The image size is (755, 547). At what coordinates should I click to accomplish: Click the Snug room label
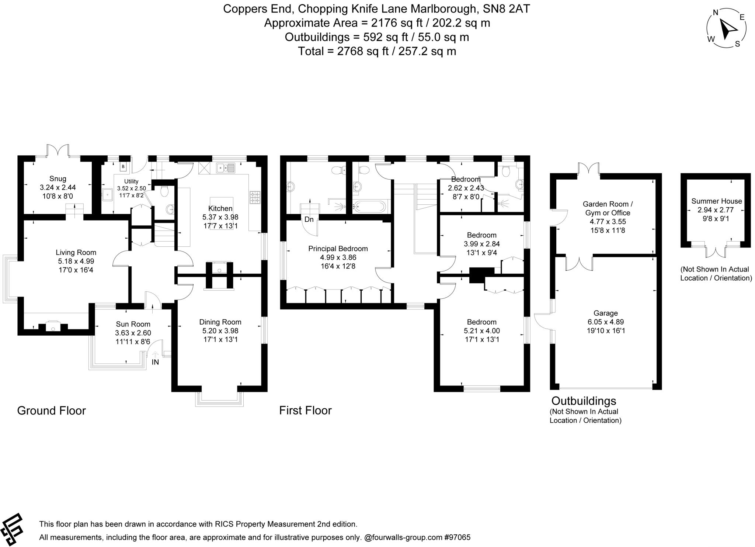tap(58, 179)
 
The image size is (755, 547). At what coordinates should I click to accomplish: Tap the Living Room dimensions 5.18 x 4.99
tap(76, 261)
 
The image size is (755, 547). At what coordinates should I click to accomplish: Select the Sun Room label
tap(133, 324)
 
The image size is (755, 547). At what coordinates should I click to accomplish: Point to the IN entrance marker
tap(155, 362)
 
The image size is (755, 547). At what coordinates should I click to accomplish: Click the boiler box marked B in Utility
tap(123, 167)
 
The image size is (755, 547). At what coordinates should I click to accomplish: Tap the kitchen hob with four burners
tap(255, 197)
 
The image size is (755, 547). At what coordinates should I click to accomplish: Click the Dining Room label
tap(220, 322)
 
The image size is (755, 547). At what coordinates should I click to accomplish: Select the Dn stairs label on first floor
tap(309, 219)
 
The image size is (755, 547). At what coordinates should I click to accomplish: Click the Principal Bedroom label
tap(338, 249)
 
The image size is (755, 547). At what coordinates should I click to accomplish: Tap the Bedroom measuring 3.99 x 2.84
tap(481, 244)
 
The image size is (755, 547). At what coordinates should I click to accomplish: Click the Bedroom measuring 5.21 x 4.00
tap(481, 331)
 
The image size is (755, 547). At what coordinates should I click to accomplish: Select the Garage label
tap(606, 313)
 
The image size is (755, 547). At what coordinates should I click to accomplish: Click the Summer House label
tap(716, 201)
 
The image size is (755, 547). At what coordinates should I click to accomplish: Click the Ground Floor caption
tap(51, 411)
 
